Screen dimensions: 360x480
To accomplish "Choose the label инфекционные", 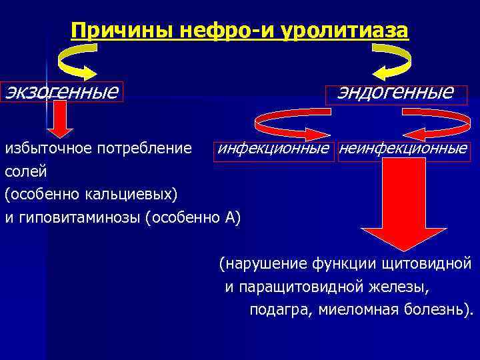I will (x=273, y=148).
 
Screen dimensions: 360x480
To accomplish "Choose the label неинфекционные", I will (x=403, y=148).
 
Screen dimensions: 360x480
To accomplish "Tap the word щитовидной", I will (x=427, y=263).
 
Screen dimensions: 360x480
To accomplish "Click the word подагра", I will (x=280, y=309).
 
